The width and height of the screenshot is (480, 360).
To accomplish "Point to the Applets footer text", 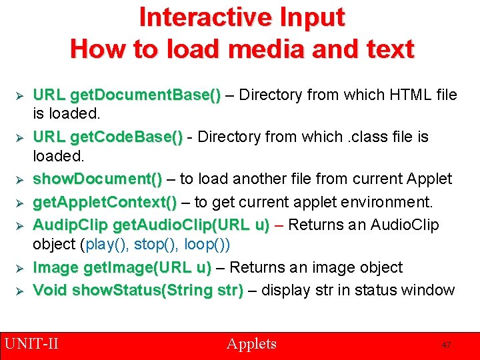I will tap(251, 344).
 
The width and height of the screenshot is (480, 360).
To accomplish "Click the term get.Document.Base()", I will tap(145, 95).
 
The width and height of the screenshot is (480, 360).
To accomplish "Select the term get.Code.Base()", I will tap(126, 137).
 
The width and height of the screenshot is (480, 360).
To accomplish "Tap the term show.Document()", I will tap(97, 179).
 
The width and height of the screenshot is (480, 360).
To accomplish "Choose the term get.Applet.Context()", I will tap(105, 202).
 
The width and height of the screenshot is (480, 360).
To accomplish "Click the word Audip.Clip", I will tap(71, 225).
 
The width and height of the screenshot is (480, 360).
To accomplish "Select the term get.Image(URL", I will tap(146, 267).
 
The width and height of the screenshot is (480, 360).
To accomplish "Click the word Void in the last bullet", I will tap(50, 290).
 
